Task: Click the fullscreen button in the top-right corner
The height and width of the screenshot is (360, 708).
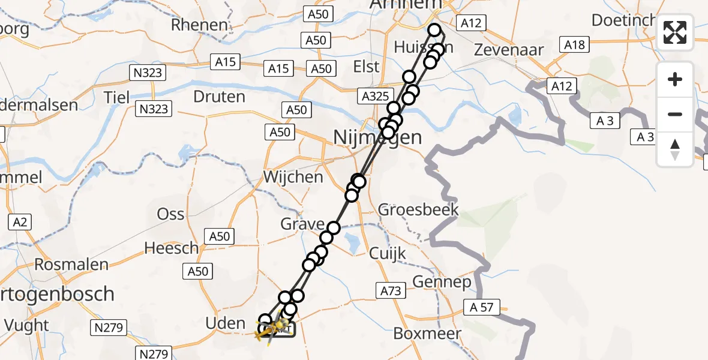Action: (x=675, y=32)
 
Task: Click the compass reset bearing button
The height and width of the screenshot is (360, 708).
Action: (x=675, y=149)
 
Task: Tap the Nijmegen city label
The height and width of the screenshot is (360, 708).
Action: (x=377, y=137)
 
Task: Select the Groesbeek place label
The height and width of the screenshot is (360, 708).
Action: (x=419, y=210)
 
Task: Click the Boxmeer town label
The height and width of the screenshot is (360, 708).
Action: (x=427, y=334)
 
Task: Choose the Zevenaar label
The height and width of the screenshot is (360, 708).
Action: (x=509, y=50)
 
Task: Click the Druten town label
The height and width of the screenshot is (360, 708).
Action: (x=220, y=97)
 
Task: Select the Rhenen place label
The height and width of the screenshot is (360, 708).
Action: (x=199, y=25)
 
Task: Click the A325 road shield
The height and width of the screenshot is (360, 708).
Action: (x=376, y=95)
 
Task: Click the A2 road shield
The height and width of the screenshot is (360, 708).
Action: (x=20, y=223)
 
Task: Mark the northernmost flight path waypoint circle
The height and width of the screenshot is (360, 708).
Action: (x=434, y=29)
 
